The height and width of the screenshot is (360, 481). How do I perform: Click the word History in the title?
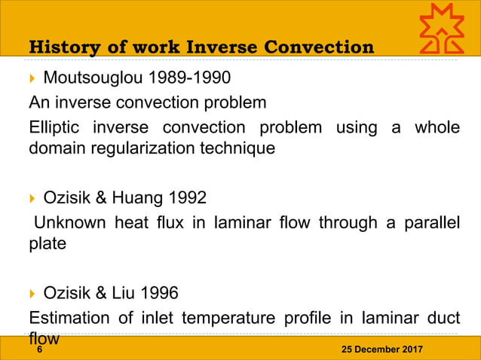[60, 47]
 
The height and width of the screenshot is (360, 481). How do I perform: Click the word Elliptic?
[54, 127]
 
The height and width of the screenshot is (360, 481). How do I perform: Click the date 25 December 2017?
[382, 351]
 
